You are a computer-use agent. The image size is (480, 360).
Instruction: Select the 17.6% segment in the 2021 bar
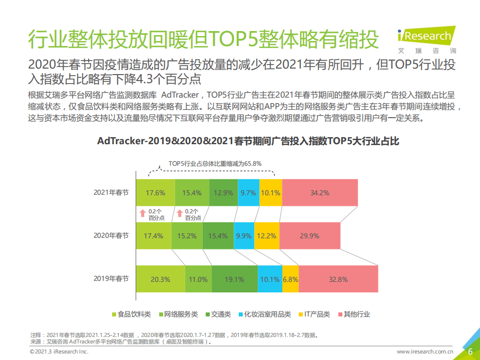tap(155, 192)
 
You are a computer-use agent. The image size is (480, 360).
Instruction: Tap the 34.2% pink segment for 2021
tap(319, 192)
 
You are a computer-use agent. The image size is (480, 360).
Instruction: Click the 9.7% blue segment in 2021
tap(248, 192)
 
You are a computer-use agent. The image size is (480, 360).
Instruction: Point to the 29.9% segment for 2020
tap(309, 235)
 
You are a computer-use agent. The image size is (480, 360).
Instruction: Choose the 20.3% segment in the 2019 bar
tap(160, 279)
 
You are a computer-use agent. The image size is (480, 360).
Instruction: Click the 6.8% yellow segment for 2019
tap(290, 279)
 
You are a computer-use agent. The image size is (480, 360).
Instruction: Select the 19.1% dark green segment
tap(235, 279)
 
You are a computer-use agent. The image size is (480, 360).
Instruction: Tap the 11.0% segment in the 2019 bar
tap(198, 279)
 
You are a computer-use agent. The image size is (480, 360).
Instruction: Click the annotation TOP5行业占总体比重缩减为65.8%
tap(215, 163)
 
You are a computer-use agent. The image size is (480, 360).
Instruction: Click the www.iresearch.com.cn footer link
tap(425, 352)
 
